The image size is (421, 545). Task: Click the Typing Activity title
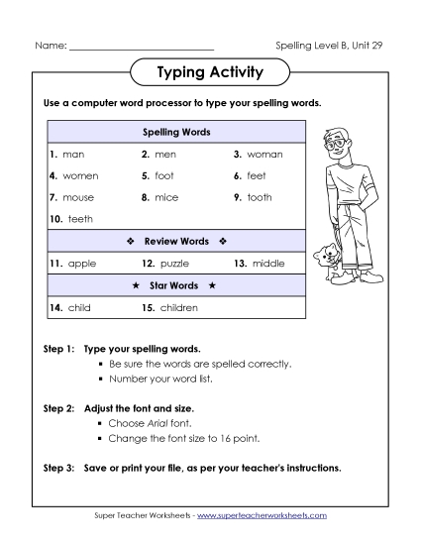pyautogui.click(x=210, y=72)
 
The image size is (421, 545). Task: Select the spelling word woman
pyautogui.click(x=266, y=155)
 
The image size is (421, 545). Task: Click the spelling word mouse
pyautogui.click(x=78, y=197)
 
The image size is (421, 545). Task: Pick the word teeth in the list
pyautogui.click(x=80, y=219)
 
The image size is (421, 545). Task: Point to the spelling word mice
pyautogui.click(x=166, y=197)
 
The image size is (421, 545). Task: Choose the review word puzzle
pyautogui.click(x=173, y=264)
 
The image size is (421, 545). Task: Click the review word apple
pyautogui.click(x=81, y=264)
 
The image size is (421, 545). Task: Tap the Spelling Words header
pyautogui.click(x=177, y=132)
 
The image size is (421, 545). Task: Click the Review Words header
pyautogui.click(x=177, y=241)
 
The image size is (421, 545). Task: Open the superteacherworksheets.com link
pyautogui.click(x=267, y=516)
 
